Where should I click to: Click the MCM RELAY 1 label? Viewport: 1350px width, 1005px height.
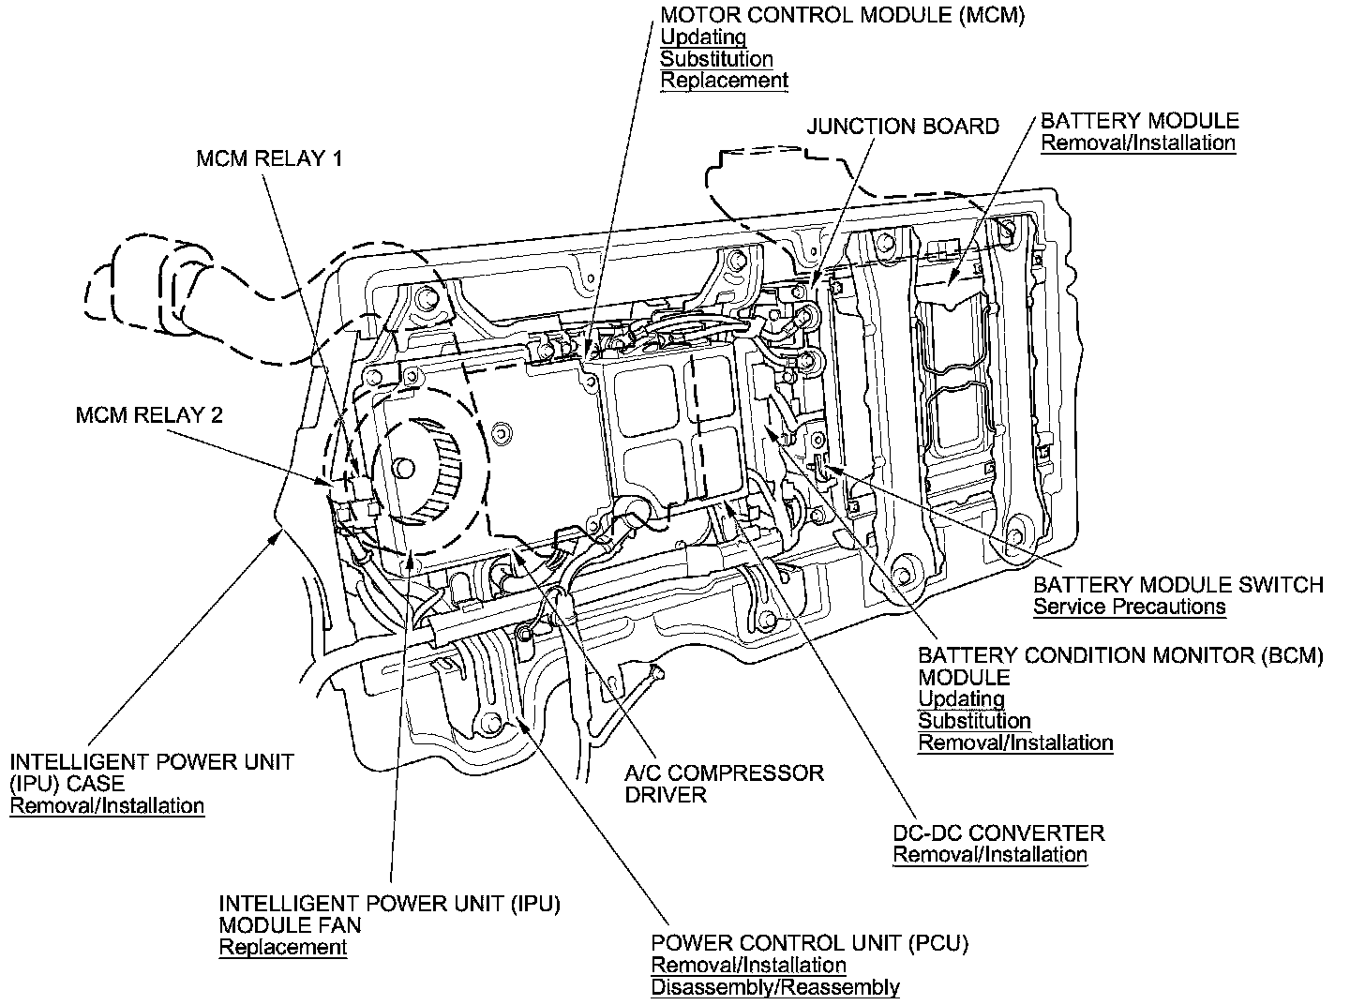pos(269,158)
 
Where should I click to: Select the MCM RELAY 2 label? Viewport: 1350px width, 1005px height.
pos(149,414)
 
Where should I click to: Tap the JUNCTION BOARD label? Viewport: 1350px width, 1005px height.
pos(903,127)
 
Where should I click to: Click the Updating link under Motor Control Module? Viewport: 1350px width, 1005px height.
pos(703,37)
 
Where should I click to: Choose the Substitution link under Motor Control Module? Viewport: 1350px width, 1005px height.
pos(716,59)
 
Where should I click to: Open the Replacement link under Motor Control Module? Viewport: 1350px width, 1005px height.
pos(724,81)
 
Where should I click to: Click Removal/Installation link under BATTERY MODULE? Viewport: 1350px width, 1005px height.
pos(1138,143)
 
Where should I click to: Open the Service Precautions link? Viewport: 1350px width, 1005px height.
pos(1129,607)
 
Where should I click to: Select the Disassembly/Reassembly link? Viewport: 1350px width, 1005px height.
pos(775,987)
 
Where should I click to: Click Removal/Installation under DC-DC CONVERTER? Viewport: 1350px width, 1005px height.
pos(990,855)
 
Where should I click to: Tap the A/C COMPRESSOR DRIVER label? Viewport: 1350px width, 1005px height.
pos(724,784)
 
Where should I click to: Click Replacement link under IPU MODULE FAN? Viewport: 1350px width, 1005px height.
pos(283,947)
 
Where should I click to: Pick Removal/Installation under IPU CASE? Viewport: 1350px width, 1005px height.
pos(107,805)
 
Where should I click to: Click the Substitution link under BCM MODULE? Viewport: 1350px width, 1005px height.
pos(974,721)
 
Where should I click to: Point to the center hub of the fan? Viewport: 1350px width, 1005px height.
pos(404,467)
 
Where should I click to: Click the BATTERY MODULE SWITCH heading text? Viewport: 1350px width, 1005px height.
pos(1177,585)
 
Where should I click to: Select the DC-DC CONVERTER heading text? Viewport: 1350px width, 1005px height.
pos(998,832)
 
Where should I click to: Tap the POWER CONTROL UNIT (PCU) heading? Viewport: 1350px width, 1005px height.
pos(810,942)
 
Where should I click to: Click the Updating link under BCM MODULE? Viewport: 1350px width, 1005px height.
pos(961,699)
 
